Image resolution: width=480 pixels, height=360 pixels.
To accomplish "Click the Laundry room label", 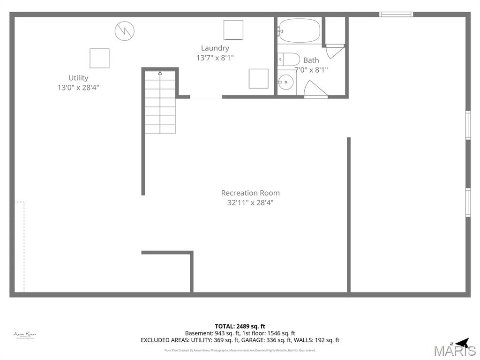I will pos(215,48).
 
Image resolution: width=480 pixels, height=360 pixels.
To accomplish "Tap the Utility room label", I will pos(78,78).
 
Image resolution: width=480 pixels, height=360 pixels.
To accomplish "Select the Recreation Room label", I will pos(250,193).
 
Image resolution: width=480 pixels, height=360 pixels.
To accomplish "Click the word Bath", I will pos(311,60).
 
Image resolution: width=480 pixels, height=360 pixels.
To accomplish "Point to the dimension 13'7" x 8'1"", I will pos(215,58).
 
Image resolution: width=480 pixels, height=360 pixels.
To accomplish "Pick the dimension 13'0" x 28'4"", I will pos(78,87).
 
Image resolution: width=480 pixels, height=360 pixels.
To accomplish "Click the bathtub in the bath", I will pos(299,30).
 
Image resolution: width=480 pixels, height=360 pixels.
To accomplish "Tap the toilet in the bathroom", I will pos(288,60).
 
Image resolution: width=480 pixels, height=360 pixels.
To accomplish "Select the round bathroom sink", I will pos(285,82).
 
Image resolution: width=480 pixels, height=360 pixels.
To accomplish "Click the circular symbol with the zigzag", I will pos(125,30).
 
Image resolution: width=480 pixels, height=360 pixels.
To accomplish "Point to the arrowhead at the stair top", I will pos(160,73).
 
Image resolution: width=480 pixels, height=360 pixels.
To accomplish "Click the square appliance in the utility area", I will pos(99,58).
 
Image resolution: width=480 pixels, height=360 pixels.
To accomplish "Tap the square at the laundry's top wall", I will pos(233,30).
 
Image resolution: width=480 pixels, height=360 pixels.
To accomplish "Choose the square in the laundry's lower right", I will pos(258,78).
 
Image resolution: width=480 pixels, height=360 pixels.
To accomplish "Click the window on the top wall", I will pos(396,15).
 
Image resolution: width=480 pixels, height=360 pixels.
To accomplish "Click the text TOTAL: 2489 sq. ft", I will pos(240,326).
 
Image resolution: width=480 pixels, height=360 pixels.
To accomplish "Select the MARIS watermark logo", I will pos(455,350).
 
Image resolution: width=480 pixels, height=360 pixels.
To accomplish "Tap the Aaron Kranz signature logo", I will pos(25,335).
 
